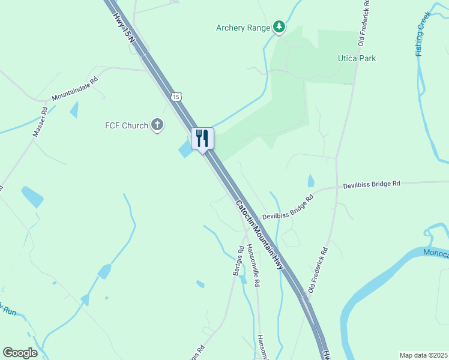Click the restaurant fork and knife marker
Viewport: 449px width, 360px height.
point(202,139)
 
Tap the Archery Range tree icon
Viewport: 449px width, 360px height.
point(279,27)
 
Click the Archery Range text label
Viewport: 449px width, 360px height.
point(244,28)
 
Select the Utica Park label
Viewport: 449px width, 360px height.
point(356,58)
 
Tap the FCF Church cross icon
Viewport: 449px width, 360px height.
point(157,125)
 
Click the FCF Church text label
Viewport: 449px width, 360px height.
point(127,125)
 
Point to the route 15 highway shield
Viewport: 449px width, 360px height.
point(175,96)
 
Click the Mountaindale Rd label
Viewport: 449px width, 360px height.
point(74,88)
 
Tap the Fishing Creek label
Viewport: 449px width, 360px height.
point(424,35)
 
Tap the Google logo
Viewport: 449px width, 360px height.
point(20,353)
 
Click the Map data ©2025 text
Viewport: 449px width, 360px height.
point(423,355)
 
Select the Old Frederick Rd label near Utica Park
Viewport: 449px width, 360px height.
point(364,23)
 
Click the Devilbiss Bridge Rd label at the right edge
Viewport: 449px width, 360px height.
point(372,184)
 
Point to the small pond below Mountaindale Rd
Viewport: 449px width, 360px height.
point(74,110)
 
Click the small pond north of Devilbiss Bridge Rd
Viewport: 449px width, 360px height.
point(310,180)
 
